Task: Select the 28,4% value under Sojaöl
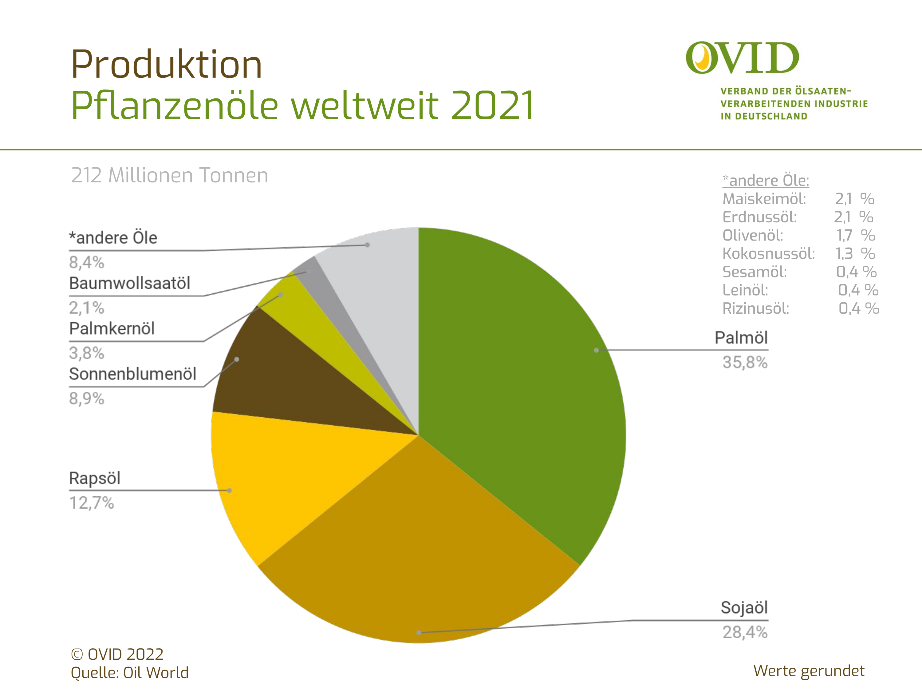(745, 632)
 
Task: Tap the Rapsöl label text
(95, 478)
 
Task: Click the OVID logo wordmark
(742, 58)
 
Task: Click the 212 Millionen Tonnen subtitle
(170, 176)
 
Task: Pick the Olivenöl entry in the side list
(753, 235)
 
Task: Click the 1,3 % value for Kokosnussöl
(855, 254)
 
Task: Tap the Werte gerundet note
(809, 671)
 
